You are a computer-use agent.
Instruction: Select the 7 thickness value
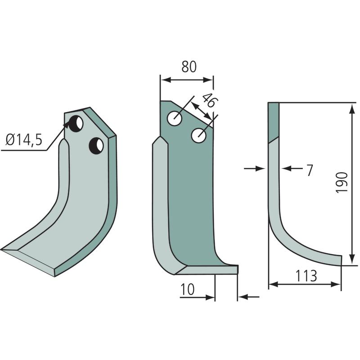pyautogui.click(x=309, y=170)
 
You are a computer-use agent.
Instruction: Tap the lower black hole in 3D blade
pyautogui.click(x=96, y=145)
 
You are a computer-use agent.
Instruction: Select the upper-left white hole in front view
pyautogui.click(x=175, y=119)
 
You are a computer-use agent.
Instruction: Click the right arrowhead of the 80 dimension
pyautogui.click(x=210, y=80)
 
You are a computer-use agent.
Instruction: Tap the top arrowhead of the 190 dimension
pyautogui.click(x=351, y=106)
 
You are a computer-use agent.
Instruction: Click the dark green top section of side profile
pyautogui.click(x=273, y=121)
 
